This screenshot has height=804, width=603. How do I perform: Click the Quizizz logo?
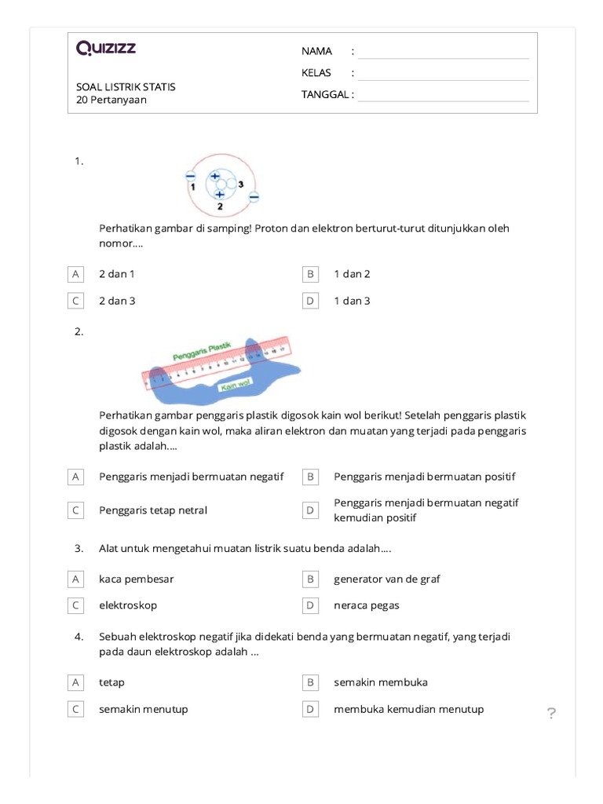[106, 49]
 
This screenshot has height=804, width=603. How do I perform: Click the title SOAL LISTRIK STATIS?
[126, 86]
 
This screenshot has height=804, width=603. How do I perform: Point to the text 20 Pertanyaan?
[111, 100]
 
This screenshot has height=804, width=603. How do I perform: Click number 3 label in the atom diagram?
[241, 184]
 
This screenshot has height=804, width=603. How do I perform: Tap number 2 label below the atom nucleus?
[220, 206]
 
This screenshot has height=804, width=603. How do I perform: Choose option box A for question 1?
[75, 274]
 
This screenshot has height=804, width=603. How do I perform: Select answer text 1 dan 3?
[352, 301]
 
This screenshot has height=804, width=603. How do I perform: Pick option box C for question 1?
[75, 301]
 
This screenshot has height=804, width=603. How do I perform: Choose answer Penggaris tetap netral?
[152, 510]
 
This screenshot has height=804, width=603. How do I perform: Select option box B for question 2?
[310, 477]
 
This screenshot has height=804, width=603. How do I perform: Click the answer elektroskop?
[128, 605]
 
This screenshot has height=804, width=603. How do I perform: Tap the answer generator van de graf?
[386, 579]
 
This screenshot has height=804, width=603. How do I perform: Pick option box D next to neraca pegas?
[310, 605]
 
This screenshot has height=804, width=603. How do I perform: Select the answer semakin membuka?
[380, 682]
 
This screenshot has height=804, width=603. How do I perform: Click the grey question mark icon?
[551, 713]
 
